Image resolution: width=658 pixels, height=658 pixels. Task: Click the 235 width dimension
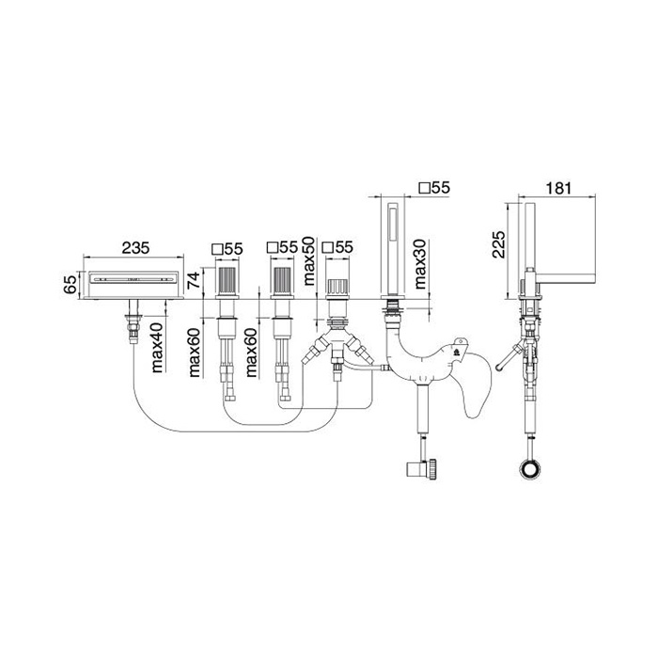point(135,247)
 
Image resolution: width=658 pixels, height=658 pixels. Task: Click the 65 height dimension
point(71,284)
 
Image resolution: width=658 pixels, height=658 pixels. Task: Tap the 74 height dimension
point(195,279)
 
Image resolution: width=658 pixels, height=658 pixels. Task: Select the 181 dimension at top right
point(558,188)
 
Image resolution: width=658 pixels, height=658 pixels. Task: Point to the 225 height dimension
point(499,244)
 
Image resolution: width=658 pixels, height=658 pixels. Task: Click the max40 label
point(157,350)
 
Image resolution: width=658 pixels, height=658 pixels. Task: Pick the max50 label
point(308,261)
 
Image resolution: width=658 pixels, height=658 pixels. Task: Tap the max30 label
point(420,263)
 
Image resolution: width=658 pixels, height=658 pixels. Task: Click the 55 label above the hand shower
point(440,188)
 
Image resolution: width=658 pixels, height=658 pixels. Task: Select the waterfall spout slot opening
point(133,278)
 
